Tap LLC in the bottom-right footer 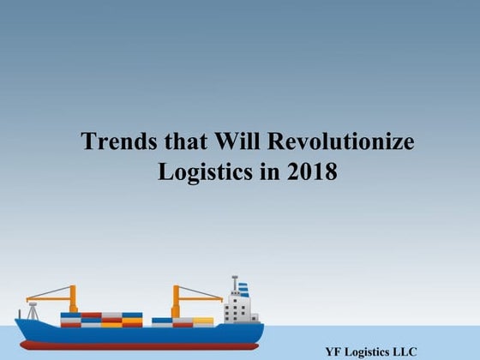pos(402,351)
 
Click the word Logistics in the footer pos(366,351)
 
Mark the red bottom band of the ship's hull pos(137,345)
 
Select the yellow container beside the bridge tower pos(204,321)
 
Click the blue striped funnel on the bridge pos(243,290)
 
